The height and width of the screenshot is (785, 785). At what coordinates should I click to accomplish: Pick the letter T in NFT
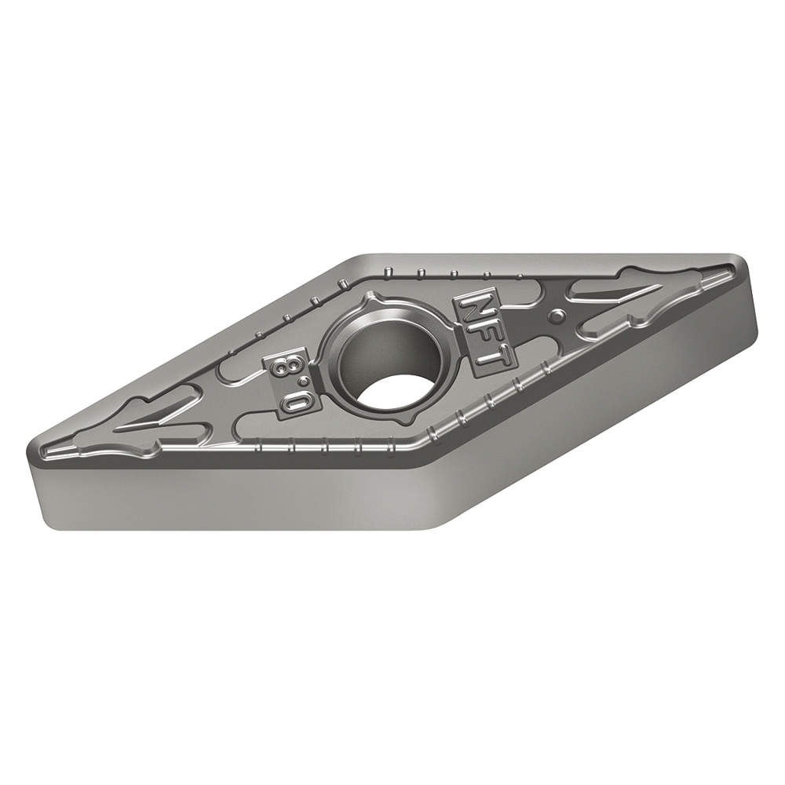click(x=493, y=357)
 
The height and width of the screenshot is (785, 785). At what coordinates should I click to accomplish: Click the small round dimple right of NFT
click(x=557, y=316)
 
